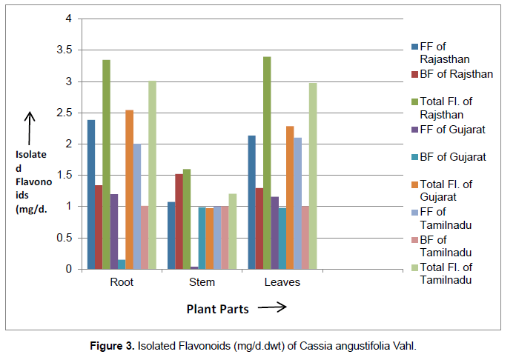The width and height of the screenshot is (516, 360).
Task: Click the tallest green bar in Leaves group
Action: (x=267, y=163)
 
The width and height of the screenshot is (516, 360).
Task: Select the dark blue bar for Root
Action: (x=91, y=195)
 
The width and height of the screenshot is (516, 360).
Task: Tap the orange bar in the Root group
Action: (x=129, y=190)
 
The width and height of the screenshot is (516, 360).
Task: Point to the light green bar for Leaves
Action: (x=313, y=176)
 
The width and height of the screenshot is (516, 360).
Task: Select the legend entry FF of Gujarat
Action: (x=452, y=130)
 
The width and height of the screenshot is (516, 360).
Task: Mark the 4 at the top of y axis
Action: (x=70, y=19)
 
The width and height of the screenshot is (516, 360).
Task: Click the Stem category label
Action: (x=202, y=282)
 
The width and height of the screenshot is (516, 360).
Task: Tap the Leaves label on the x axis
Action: (x=282, y=282)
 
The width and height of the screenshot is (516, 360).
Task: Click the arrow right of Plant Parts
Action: (x=272, y=308)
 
